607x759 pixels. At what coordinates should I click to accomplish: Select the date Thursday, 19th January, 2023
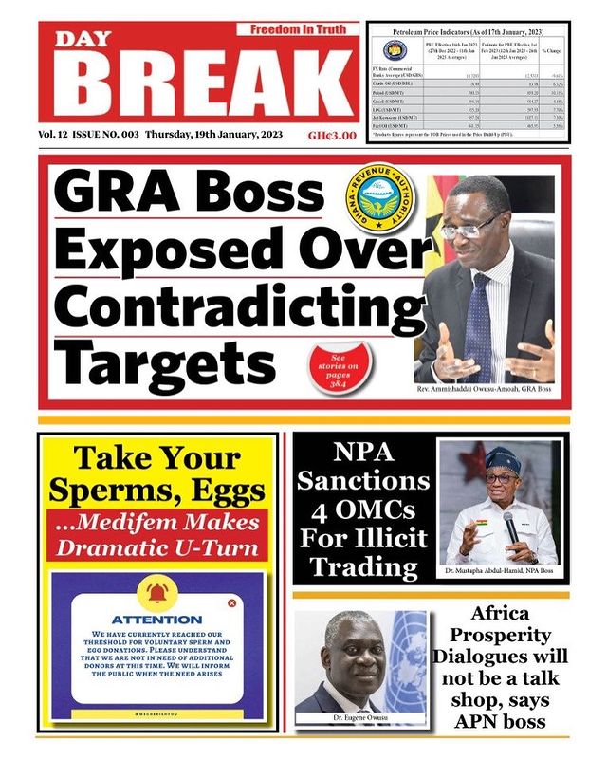[x=209, y=135]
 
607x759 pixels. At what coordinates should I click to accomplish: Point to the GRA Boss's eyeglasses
[x=472, y=226]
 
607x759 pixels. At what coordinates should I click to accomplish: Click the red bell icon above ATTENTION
[x=156, y=595]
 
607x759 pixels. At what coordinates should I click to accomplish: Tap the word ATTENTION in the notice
[x=156, y=619]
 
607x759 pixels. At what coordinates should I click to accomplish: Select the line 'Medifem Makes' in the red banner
[x=156, y=523]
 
